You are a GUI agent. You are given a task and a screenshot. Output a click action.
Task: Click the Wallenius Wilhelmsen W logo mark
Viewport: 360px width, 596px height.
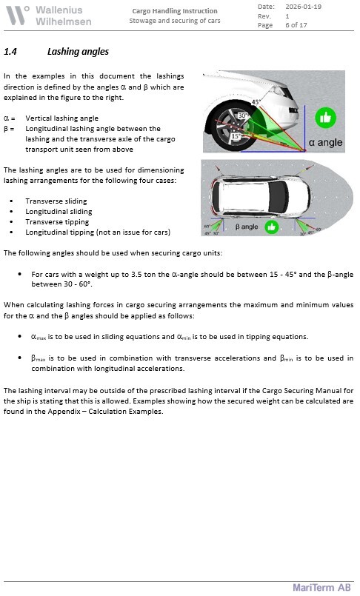click(18, 16)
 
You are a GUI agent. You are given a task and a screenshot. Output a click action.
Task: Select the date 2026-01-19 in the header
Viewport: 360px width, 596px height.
click(303, 7)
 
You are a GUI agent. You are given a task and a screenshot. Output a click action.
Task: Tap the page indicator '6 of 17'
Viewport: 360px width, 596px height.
click(296, 25)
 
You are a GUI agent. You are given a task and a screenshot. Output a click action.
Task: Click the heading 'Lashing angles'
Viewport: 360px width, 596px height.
click(78, 52)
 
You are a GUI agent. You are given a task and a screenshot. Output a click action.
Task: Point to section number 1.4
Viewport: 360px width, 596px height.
click(10, 52)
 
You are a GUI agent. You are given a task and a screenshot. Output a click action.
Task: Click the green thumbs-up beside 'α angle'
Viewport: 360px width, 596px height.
click(325, 118)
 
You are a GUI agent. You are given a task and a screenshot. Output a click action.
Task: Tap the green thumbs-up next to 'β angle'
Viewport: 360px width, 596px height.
click(271, 227)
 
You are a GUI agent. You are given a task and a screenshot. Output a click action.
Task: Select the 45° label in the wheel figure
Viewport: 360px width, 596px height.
click(256, 102)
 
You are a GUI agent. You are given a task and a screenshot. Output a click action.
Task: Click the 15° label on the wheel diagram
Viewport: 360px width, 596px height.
click(236, 136)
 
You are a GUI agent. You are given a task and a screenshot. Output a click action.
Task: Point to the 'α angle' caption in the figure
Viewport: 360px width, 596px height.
click(325, 143)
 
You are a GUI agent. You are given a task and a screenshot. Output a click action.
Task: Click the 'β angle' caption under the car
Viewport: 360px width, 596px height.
click(247, 227)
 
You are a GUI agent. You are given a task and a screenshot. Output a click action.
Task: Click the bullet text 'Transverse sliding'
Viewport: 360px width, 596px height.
click(56, 201)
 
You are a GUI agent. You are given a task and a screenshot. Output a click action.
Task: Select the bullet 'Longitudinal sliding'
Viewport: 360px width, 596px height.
click(59, 212)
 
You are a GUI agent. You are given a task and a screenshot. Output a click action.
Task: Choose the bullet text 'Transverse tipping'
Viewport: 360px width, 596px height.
click(57, 222)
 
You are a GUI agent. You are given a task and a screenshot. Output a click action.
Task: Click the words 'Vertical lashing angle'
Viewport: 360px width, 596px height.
click(62, 118)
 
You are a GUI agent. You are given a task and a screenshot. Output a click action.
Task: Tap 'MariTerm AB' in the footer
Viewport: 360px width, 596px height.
click(321, 588)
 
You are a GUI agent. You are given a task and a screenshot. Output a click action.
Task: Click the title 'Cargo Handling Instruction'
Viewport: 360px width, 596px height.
click(175, 11)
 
